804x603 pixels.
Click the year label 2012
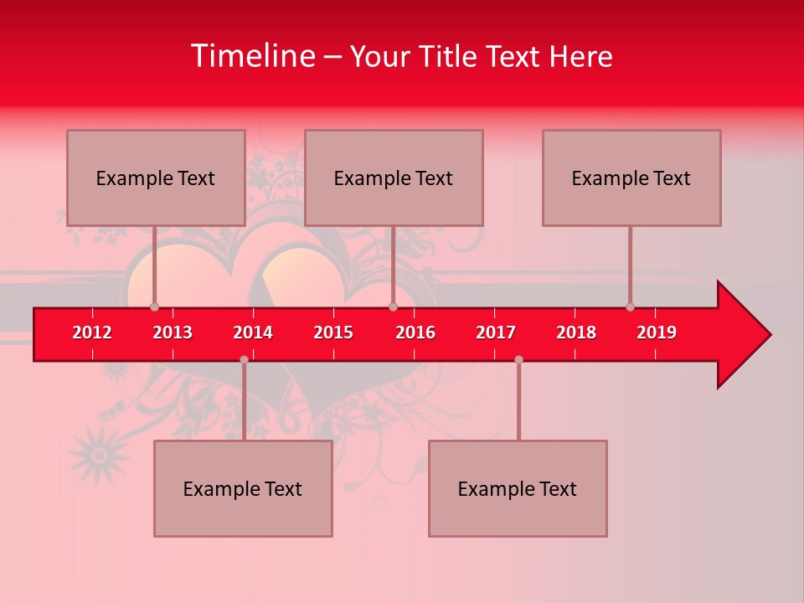point(92,332)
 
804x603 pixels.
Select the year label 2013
point(173,332)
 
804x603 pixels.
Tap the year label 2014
point(253,332)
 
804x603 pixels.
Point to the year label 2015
point(333,332)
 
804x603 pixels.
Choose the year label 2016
point(415,332)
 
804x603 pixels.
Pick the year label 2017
point(496,332)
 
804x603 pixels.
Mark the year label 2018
point(576,332)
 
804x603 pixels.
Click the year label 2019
point(657,332)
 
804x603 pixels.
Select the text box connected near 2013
point(156,178)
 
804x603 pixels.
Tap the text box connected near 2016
point(394,178)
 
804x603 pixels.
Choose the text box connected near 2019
point(631,178)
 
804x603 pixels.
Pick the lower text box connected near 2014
point(243,488)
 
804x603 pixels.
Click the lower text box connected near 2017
point(518,488)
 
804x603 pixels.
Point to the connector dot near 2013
point(154,307)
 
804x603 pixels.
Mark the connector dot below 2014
point(244,359)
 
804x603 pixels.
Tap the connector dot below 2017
point(518,359)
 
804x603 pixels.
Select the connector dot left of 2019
point(630,307)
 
